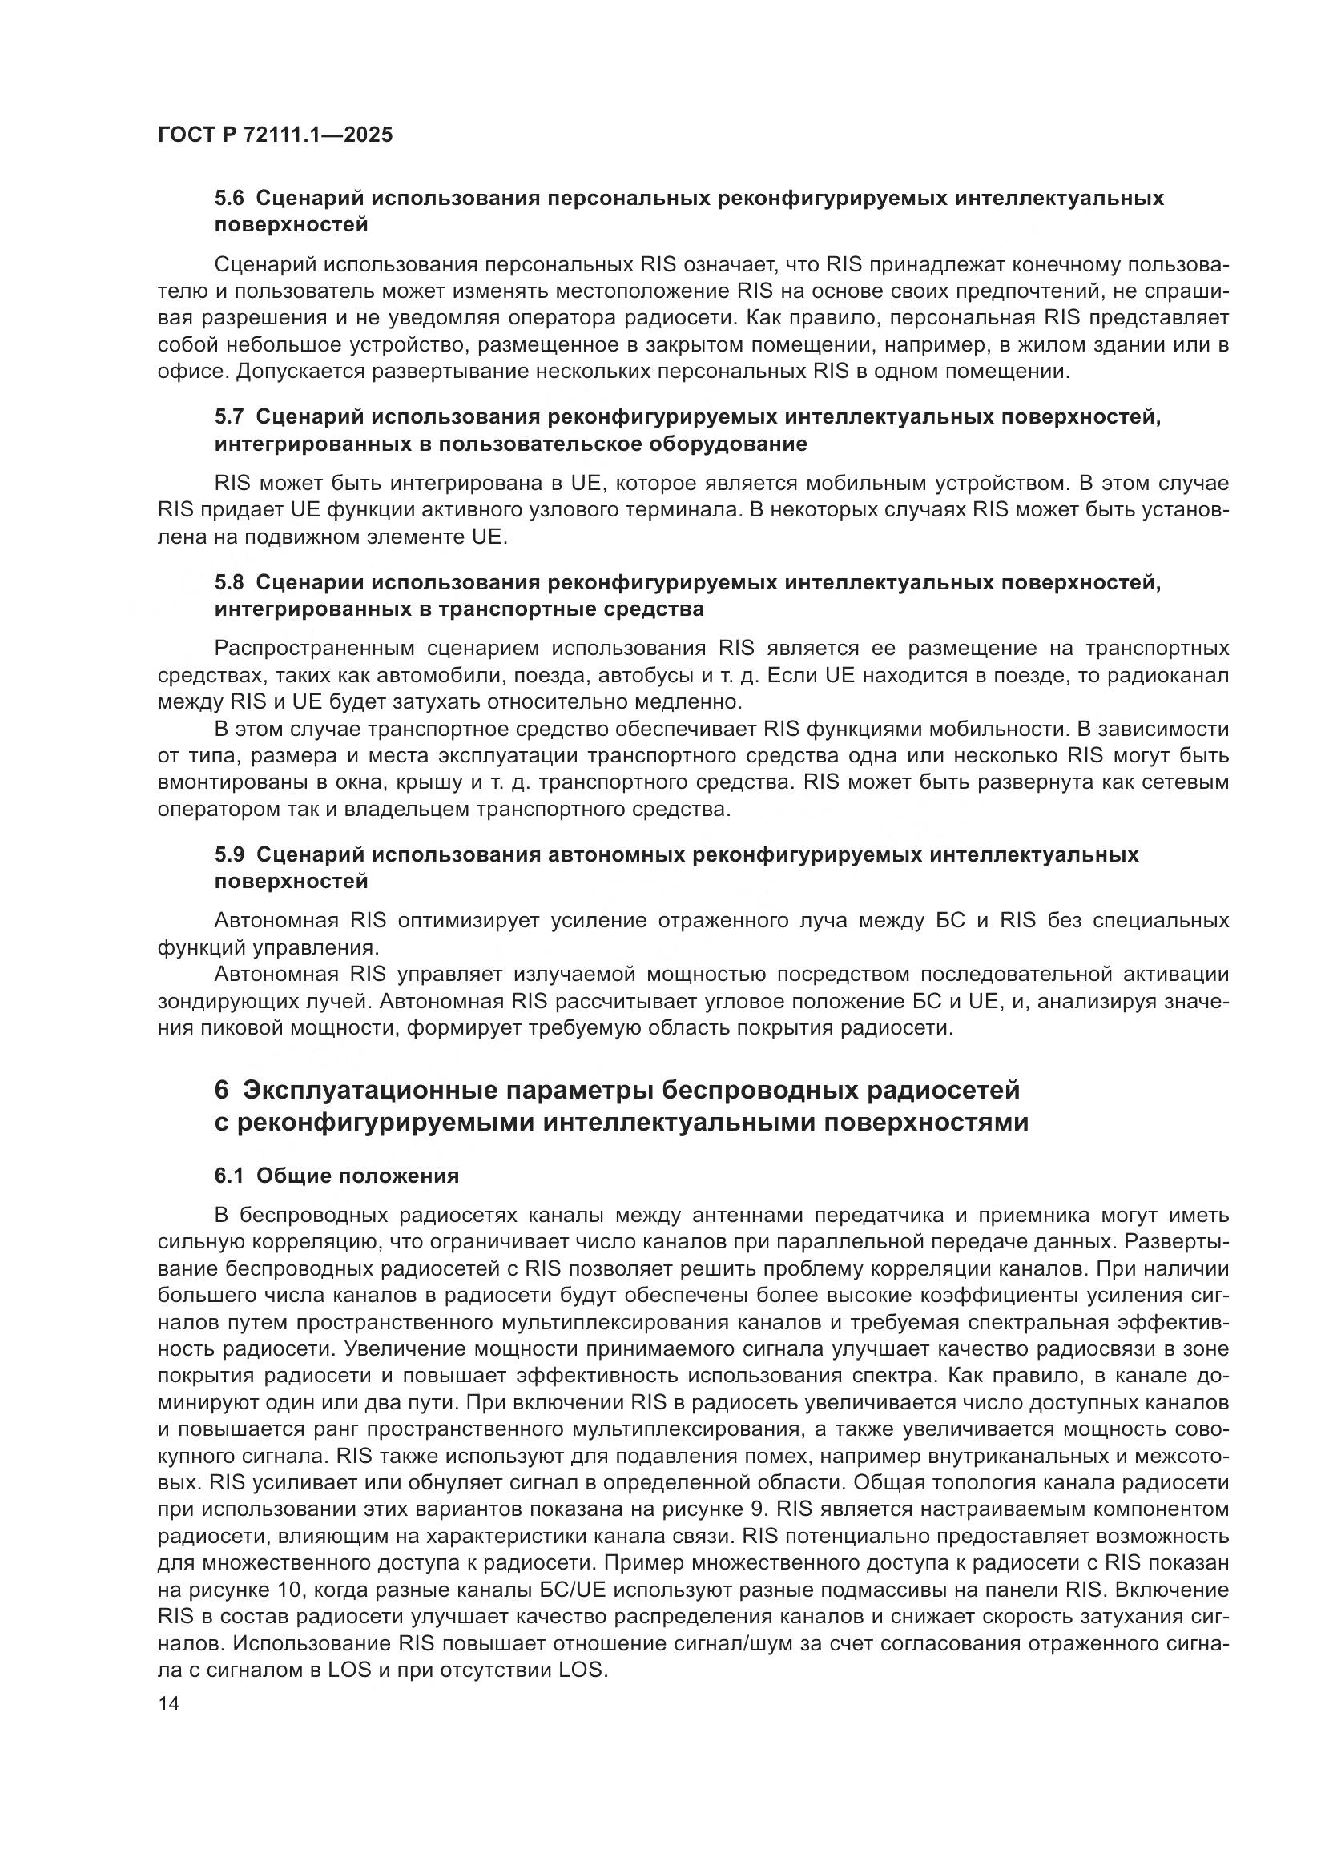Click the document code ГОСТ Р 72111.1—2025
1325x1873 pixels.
(x=275, y=135)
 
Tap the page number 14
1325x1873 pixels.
(x=169, y=1703)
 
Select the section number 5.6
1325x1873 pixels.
(x=229, y=199)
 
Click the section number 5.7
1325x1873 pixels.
(x=229, y=417)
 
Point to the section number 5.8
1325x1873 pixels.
(x=229, y=582)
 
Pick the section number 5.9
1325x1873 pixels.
(x=229, y=854)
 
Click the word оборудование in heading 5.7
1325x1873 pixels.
(x=727, y=444)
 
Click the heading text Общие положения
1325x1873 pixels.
(x=357, y=1176)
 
